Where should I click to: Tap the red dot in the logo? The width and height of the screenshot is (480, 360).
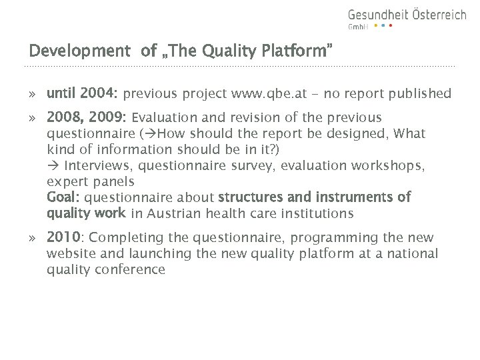click(x=391, y=26)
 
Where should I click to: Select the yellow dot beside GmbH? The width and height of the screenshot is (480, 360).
click(x=375, y=26)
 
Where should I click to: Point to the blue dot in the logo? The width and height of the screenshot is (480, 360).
click(x=383, y=26)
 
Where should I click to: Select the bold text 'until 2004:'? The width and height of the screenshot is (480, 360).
click(x=83, y=93)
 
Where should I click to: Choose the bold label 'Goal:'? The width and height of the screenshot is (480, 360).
click(x=63, y=197)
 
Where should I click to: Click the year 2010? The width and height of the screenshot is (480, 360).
click(x=64, y=238)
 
